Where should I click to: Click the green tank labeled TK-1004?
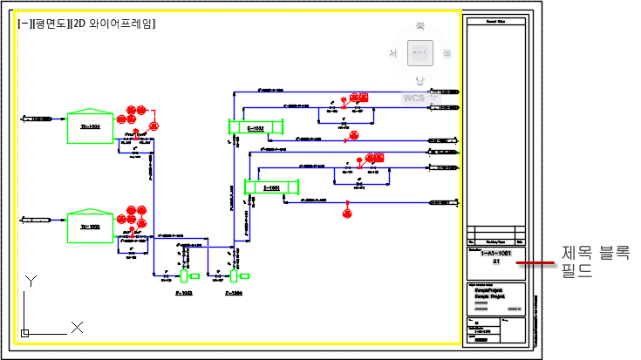click(90, 126)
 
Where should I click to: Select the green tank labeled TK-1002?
click(90, 226)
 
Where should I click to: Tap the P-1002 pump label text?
click(184, 294)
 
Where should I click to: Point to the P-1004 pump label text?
click(233, 294)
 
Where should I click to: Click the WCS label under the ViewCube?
click(413, 98)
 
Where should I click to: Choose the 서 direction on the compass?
click(393, 54)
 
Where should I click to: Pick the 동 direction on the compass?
click(447, 54)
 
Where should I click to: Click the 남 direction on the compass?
click(420, 81)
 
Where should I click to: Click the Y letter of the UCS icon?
click(29, 281)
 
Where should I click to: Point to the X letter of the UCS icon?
click(77, 327)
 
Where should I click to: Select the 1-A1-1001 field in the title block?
click(495, 253)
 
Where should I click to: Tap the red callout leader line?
click(535, 262)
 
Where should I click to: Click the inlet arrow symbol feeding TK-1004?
click(35, 117)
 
